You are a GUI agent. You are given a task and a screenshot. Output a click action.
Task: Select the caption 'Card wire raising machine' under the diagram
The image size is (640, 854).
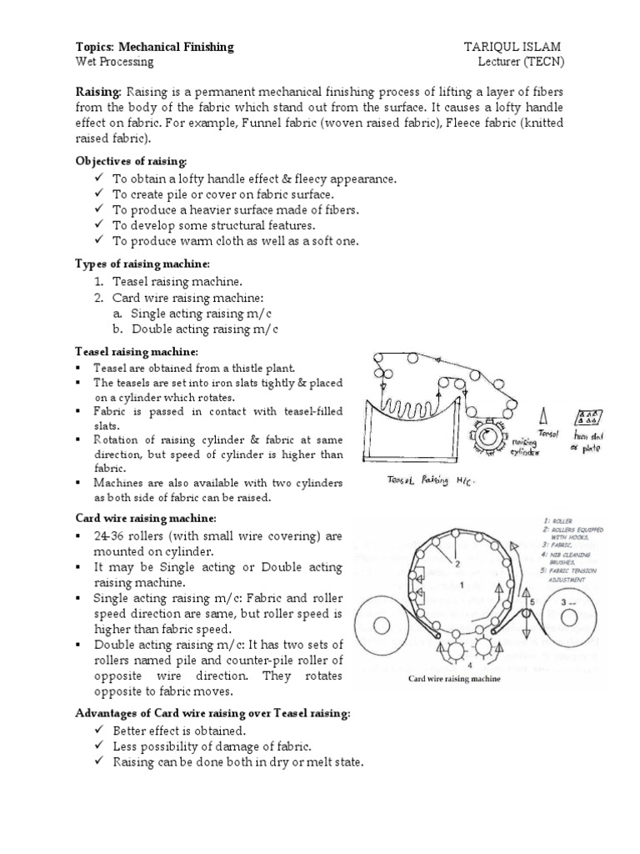click(x=453, y=680)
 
